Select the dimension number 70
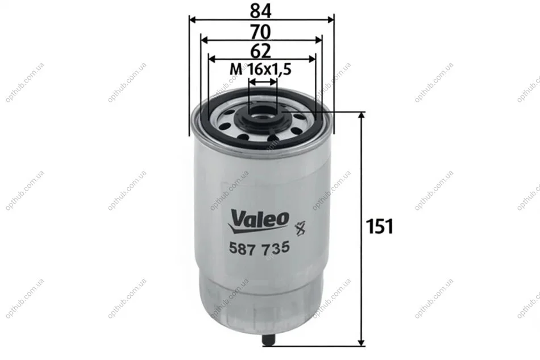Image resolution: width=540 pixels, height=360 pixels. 261,32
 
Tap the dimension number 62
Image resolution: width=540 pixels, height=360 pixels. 261,51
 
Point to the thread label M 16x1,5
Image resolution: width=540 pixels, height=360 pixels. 261,69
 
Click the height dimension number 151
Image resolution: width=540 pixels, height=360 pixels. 379,226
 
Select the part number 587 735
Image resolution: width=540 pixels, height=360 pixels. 259,248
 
